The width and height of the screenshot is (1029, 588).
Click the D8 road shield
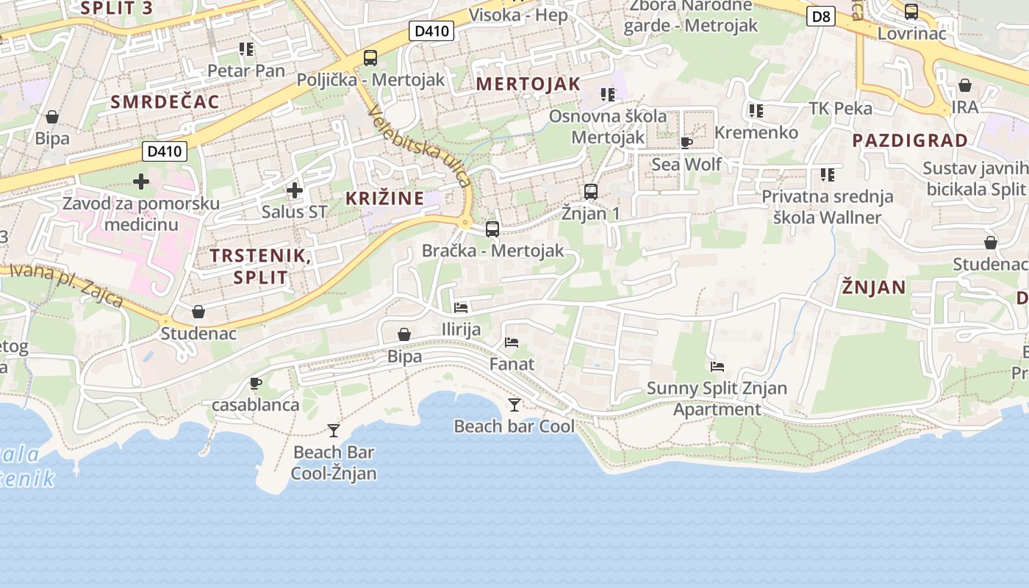pyautogui.click(x=820, y=16)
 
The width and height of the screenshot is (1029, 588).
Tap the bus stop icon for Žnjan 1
pyautogui.click(x=590, y=192)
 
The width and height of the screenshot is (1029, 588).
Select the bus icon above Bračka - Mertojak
pyautogui.click(x=492, y=229)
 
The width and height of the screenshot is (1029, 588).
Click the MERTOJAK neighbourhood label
pyautogui.click(x=528, y=84)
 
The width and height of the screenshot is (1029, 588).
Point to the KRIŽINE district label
pyautogui.click(x=385, y=198)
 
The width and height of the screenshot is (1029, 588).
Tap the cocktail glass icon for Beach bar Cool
pyautogui.click(x=514, y=404)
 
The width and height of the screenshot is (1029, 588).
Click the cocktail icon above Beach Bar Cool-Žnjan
pyautogui.click(x=334, y=430)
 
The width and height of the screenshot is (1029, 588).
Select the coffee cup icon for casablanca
pyautogui.click(x=255, y=383)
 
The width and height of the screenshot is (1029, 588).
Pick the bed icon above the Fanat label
pyautogui.click(x=512, y=343)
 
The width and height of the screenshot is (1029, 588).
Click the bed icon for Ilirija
pyautogui.click(x=461, y=307)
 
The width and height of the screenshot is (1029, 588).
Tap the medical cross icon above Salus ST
pyautogui.click(x=294, y=191)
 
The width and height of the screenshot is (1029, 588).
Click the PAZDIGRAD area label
pyautogui.click(x=910, y=140)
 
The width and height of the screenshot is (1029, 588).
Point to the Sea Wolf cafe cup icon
pyautogui.click(x=686, y=143)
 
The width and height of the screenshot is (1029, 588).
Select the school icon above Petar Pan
pyautogui.click(x=245, y=49)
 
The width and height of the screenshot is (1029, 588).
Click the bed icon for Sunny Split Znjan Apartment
pyautogui.click(x=717, y=366)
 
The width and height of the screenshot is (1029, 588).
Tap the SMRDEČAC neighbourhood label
pyautogui.click(x=165, y=101)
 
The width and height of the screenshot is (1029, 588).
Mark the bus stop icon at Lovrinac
pyautogui.click(x=911, y=12)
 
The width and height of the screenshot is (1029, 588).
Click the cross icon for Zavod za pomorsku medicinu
pyautogui.click(x=141, y=181)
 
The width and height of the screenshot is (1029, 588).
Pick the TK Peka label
pyautogui.click(x=840, y=108)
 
